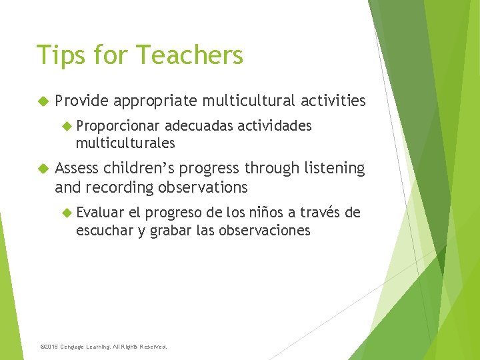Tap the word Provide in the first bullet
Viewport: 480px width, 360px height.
pyautogui.click(x=81, y=101)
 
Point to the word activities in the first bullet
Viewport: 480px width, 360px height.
pyautogui.click(x=333, y=101)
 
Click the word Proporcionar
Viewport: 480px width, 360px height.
pyautogui.click(x=117, y=126)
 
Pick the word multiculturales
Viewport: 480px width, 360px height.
pyautogui.click(x=125, y=143)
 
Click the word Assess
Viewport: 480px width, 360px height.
pyautogui.click(x=78, y=169)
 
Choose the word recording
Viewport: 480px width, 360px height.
pyautogui.click(x=121, y=187)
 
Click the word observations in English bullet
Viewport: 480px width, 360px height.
pyautogui.click(x=203, y=187)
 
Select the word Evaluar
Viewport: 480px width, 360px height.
pyautogui.click(x=100, y=213)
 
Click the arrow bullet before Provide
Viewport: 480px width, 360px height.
pyautogui.click(x=43, y=101)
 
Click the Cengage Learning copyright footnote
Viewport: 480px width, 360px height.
pyautogui.click(x=103, y=347)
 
